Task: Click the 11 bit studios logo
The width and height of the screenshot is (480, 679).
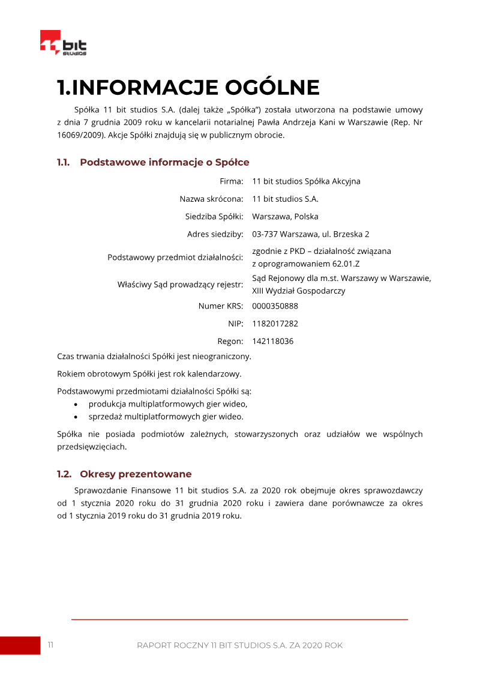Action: pos(63,44)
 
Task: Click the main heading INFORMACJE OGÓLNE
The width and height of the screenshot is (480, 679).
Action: pos(188,88)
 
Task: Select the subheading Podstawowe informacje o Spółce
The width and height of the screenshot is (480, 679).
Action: pos(164,162)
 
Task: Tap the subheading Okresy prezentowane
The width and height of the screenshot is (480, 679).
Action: pos(135,474)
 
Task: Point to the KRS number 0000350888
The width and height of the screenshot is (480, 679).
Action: pos(275,306)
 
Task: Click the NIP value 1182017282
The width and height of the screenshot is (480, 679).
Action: pos(275,324)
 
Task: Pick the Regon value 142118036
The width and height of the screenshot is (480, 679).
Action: pos(272,342)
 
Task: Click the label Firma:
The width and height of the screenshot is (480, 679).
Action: pos(231,181)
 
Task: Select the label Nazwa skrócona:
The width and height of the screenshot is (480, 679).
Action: pos(211,199)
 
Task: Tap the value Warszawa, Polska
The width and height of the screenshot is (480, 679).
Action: pos(285,217)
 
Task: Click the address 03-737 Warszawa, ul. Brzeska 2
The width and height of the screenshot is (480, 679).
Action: pos(310,234)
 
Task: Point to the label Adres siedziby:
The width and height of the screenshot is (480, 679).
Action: pos(215,234)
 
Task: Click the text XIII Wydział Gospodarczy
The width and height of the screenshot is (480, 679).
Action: pos(298,291)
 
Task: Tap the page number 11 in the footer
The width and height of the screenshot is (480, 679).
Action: pos(50,645)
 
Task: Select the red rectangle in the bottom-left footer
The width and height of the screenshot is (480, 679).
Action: pos(20,645)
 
